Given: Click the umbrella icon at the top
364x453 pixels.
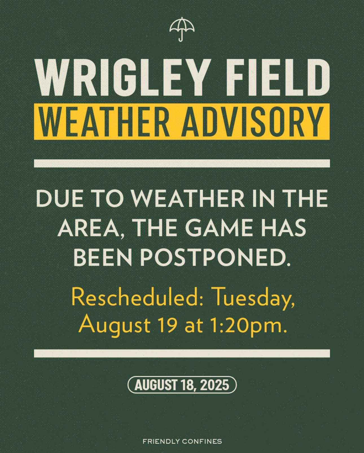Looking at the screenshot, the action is (x=182, y=29).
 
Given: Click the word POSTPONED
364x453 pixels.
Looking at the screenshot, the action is (x=214, y=258).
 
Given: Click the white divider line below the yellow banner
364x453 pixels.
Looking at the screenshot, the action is (x=182, y=164).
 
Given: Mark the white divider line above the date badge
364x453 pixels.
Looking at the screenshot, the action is (x=182, y=353).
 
